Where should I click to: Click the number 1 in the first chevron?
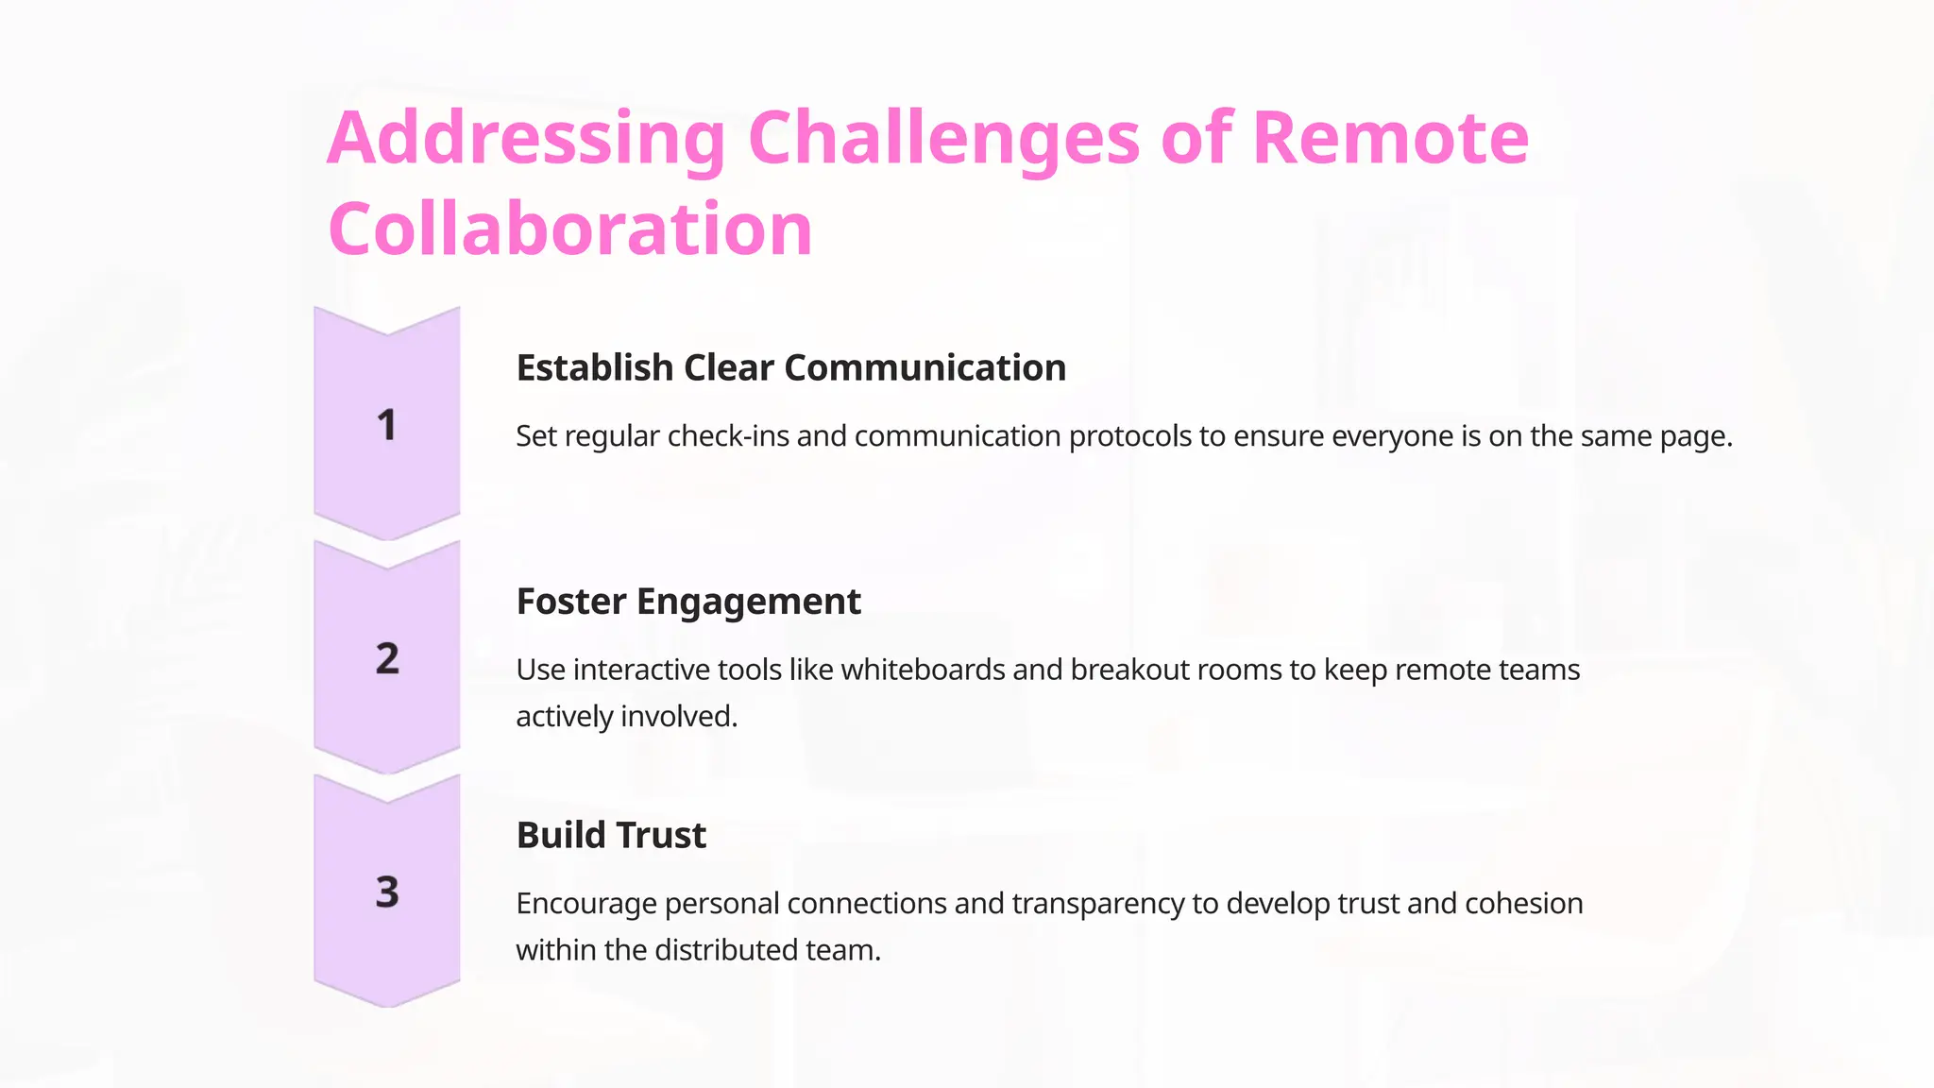click(x=386, y=425)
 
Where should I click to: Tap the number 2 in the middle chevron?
click(x=387, y=658)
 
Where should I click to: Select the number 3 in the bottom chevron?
click(x=387, y=892)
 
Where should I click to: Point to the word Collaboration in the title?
click(x=569, y=229)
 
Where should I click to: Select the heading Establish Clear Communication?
click(x=790, y=367)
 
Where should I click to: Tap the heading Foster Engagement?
click(x=687, y=602)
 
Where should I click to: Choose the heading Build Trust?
click(x=611, y=835)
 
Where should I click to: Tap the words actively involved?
click(x=626, y=716)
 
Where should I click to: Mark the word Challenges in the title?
click(x=943, y=140)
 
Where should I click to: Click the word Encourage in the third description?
click(x=585, y=904)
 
